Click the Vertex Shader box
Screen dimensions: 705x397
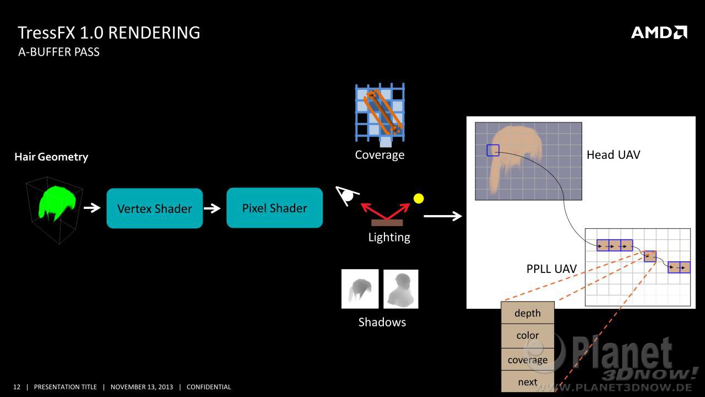155,208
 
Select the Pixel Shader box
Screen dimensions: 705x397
274,208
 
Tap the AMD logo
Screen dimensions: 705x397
659,33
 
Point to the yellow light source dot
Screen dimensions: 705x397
419,198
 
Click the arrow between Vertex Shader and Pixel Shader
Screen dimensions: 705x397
212,208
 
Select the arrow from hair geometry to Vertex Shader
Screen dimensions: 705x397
92,208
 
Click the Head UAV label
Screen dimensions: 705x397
614,155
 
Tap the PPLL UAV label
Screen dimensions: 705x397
551,269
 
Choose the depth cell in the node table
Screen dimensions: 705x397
528,313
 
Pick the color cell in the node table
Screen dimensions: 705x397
528,335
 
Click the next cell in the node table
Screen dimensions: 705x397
528,382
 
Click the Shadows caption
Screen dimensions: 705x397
382,322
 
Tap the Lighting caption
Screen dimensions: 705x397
389,237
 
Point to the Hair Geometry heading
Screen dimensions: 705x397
51,157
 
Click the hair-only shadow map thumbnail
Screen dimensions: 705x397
360,289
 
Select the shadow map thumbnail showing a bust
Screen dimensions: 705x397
401,289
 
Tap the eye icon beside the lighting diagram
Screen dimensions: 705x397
347,195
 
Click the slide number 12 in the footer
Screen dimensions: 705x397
17,387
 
